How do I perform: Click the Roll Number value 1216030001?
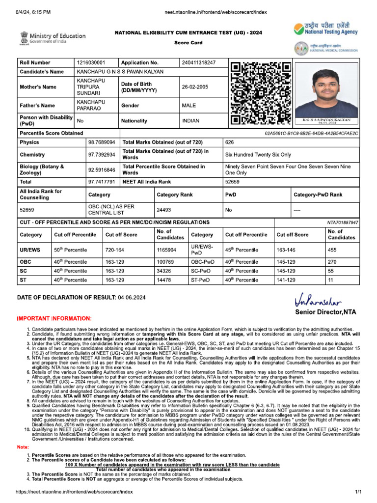91,63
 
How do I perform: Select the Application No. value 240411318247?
198,63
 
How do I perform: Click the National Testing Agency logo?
326,29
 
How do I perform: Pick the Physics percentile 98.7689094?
102,142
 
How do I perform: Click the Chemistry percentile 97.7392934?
102,155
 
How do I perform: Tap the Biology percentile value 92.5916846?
102,170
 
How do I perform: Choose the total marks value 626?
229,142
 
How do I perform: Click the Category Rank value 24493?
164,209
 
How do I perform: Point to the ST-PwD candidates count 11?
330,280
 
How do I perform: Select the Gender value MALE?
188,105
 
